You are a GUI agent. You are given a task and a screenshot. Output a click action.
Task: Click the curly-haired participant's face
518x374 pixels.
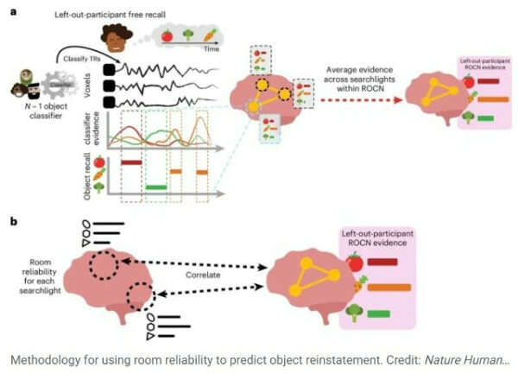point(112,36)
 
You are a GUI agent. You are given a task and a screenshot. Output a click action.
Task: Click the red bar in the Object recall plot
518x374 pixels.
point(131,162)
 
